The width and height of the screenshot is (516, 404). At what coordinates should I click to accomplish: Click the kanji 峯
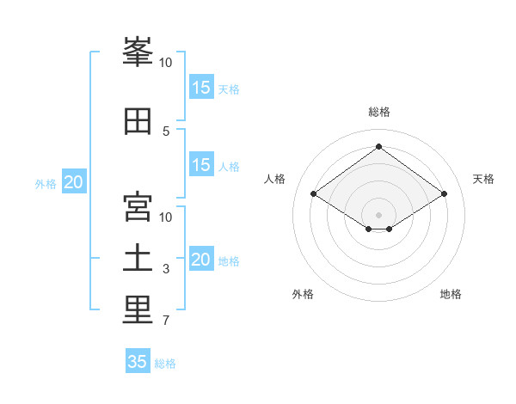(138, 52)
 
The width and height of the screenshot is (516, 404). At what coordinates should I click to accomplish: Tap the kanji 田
(138, 121)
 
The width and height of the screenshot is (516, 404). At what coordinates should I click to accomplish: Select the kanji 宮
(138, 206)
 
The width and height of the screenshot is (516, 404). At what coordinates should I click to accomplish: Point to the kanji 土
(138, 258)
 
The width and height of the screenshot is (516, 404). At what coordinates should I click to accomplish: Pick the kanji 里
(138, 310)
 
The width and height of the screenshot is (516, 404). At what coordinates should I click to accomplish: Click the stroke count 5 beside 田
(166, 132)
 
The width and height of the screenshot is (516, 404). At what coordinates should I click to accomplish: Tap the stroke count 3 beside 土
(166, 269)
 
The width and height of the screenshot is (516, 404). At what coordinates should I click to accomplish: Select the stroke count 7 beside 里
(166, 321)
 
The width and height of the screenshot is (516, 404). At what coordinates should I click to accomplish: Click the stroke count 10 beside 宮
(165, 217)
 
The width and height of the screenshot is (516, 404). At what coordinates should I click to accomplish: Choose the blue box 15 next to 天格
(201, 87)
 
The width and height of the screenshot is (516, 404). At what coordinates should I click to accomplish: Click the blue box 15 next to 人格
(201, 164)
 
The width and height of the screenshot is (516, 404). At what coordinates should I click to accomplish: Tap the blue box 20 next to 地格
(201, 258)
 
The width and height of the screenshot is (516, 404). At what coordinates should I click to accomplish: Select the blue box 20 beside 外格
(74, 181)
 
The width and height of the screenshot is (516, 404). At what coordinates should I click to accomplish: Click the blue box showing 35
(138, 360)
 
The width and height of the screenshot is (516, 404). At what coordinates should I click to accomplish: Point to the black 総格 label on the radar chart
(379, 112)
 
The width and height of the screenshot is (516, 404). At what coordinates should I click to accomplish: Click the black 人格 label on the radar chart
(274, 179)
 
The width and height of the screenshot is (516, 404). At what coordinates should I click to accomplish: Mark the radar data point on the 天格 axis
(444, 193)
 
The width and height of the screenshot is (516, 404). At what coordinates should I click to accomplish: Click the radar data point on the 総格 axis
(378, 146)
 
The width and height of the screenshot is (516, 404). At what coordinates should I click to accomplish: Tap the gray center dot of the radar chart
(378, 215)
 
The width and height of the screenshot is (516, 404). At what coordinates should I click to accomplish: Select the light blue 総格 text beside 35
(165, 364)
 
